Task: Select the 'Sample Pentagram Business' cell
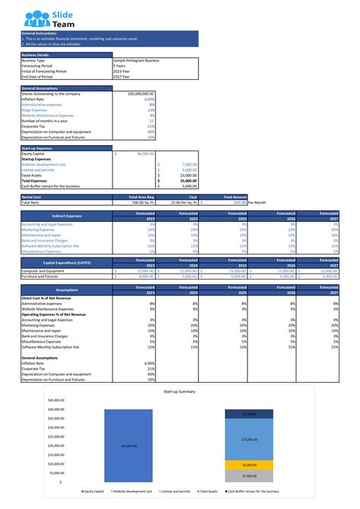click(x=137, y=60)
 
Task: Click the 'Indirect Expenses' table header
click(x=67, y=217)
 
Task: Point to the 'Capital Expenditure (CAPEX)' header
click(x=67, y=263)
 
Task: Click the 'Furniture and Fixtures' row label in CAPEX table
click(x=42, y=277)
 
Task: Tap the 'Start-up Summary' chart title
click(x=179, y=391)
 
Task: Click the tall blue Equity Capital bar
click(x=124, y=446)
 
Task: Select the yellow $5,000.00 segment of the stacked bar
click(x=248, y=465)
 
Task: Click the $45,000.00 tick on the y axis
click(x=55, y=400)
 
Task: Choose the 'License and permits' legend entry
click(x=177, y=492)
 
